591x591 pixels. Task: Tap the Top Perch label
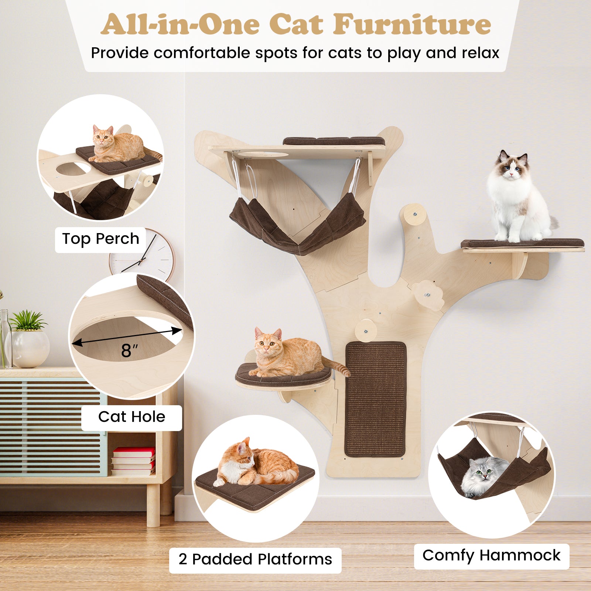click(x=100, y=239)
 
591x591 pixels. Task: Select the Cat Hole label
click(x=131, y=417)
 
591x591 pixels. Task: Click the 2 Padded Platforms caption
click(x=255, y=559)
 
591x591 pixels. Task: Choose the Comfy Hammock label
click(x=491, y=555)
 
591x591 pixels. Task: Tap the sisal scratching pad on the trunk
click(x=375, y=399)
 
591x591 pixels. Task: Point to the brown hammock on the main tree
click(x=297, y=225)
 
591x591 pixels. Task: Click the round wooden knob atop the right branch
click(x=414, y=213)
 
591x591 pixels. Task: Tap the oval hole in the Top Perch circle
click(x=73, y=169)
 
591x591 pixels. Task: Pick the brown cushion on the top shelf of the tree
click(x=334, y=141)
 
